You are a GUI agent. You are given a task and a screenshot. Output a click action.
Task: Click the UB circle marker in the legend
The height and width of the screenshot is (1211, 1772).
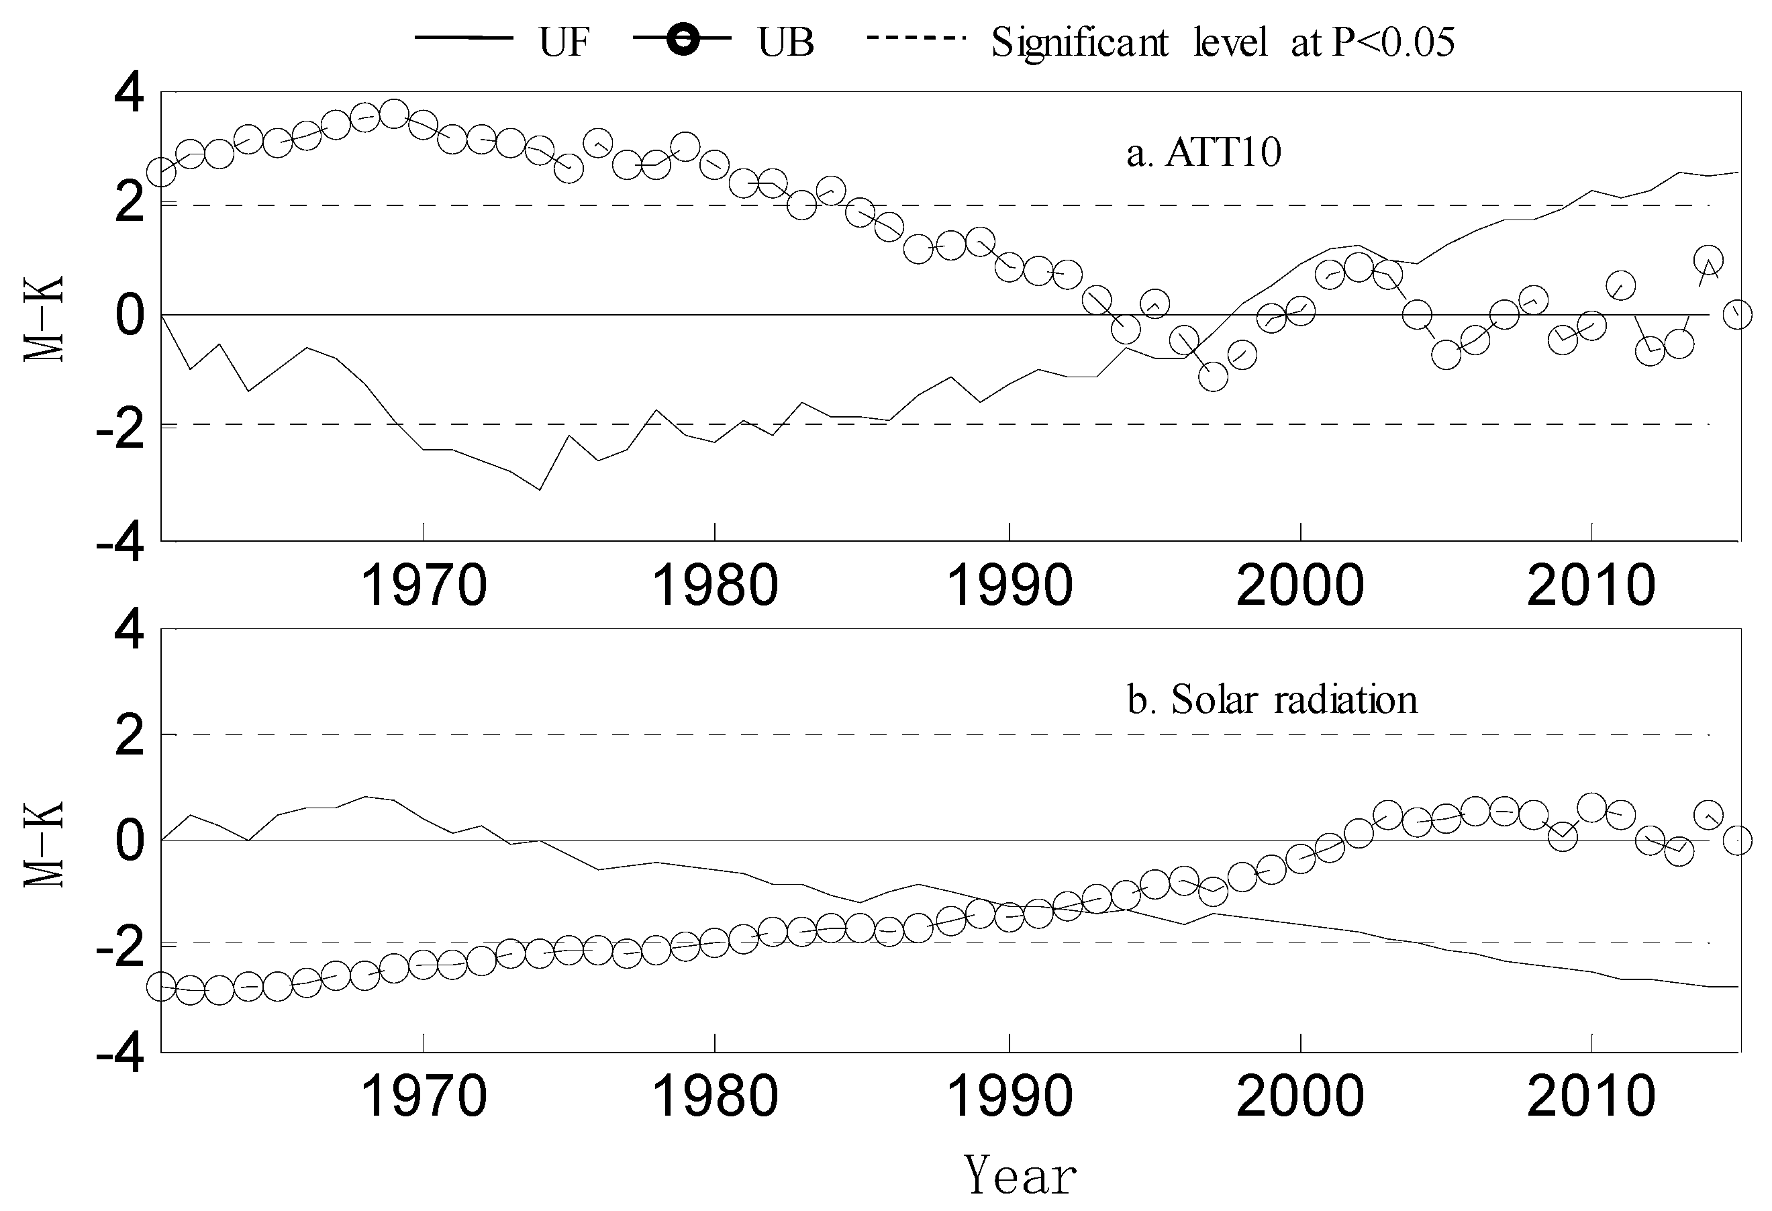coord(682,40)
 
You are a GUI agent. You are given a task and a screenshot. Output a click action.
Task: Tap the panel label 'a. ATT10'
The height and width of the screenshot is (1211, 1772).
coord(1204,153)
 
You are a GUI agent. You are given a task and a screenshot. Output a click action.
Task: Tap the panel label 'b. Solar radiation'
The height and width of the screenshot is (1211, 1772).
coord(1272,699)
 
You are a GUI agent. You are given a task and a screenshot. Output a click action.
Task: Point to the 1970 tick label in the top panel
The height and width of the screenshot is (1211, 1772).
coord(423,585)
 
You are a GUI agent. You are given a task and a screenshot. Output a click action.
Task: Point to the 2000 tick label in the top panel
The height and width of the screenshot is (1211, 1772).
coord(1299,585)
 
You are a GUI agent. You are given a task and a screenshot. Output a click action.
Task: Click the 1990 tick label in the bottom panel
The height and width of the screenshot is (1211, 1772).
coord(1009,1097)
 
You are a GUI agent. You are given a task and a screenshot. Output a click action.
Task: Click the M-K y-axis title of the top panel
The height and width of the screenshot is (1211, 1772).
coord(44,319)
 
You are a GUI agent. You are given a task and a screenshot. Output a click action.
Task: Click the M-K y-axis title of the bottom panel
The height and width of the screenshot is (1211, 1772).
coord(44,844)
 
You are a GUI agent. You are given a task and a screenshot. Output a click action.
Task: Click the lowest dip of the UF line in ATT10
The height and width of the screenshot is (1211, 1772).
coord(540,489)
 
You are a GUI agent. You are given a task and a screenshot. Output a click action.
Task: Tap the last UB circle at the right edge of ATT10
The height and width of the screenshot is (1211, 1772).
coord(1738,314)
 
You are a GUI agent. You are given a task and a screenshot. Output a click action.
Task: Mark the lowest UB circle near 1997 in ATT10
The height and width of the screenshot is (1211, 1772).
coord(1212,377)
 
